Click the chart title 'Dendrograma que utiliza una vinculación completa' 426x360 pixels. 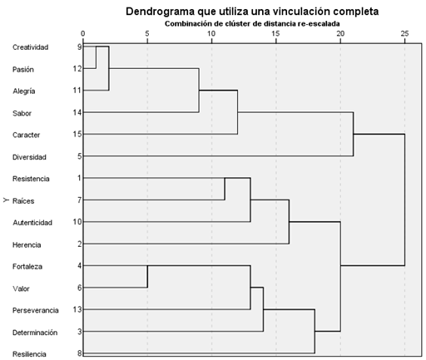[252, 12]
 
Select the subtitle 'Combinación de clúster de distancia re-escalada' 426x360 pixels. [252, 24]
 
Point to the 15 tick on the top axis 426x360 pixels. [275, 33]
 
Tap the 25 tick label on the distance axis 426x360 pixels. [404, 33]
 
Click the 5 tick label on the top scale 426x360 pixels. [147, 33]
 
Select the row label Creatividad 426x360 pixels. [31, 47]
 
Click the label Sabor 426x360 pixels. [22, 113]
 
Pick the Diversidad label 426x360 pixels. [29, 157]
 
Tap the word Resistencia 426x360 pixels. [31, 179]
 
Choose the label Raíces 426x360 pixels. [23, 201]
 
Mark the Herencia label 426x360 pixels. [27, 245]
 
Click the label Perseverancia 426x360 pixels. [36, 310]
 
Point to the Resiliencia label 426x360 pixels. [29, 354]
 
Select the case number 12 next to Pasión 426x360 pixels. [77, 68]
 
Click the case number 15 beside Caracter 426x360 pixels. [77, 135]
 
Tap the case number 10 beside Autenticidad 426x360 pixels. [77, 222]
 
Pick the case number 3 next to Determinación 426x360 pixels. [80, 332]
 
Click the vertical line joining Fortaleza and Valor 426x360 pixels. [147, 277]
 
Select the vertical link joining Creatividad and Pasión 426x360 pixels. [96, 57]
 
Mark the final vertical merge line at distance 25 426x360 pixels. [404, 200]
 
